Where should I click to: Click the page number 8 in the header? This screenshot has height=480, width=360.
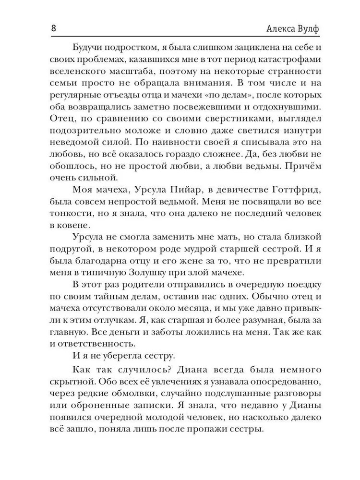54,27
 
